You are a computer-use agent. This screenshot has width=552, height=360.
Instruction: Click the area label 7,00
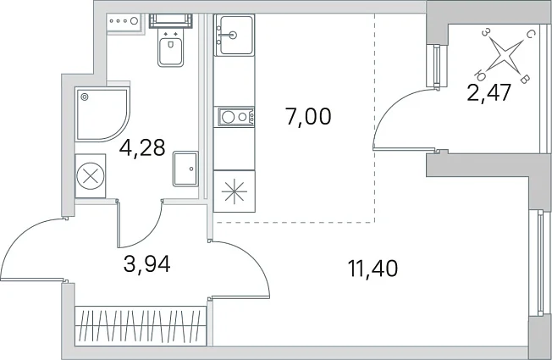click(308, 117)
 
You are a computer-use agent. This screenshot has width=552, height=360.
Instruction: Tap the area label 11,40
click(373, 269)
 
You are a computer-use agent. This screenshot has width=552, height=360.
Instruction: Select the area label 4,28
click(142, 147)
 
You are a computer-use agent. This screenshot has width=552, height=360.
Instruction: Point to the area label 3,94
click(147, 264)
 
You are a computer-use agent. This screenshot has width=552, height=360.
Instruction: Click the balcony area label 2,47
click(489, 93)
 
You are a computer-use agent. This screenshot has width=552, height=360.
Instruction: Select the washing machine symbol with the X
click(91, 175)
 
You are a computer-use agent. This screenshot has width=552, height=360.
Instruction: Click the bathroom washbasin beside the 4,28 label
click(185, 169)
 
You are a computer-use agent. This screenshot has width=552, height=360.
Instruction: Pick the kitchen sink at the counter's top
click(235, 36)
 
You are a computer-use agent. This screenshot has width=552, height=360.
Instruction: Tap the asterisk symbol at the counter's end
click(235, 191)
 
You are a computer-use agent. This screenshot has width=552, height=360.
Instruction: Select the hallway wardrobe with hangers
click(141, 326)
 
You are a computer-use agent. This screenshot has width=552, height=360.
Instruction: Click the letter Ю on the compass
click(480, 75)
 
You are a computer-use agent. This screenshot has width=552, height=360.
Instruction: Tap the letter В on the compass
click(524, 80)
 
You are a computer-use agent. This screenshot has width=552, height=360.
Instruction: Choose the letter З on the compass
click(485, 33)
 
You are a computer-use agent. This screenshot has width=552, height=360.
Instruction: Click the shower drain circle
click(84, 97)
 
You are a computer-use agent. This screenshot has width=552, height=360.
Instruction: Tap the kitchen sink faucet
click(227, 35)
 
